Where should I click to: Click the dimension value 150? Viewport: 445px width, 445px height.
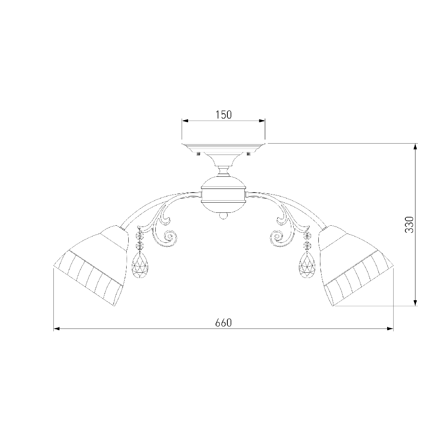coord(224,114)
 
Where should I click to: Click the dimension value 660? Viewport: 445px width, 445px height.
coord(223,323)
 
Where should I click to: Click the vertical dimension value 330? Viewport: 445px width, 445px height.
coord(409,225)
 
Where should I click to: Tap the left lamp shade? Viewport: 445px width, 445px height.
coord(91,266)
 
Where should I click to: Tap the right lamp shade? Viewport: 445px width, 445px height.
coord(356,266)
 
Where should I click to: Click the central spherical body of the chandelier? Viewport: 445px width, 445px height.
coord(223,195)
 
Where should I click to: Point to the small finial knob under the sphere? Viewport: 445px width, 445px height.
coord(223,216)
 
